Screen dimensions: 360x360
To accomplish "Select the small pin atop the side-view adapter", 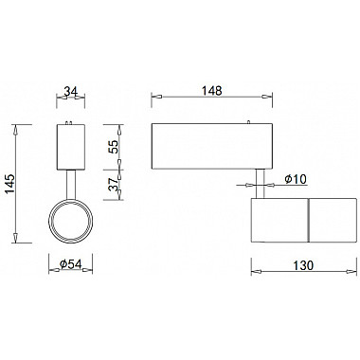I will pos(248,122).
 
